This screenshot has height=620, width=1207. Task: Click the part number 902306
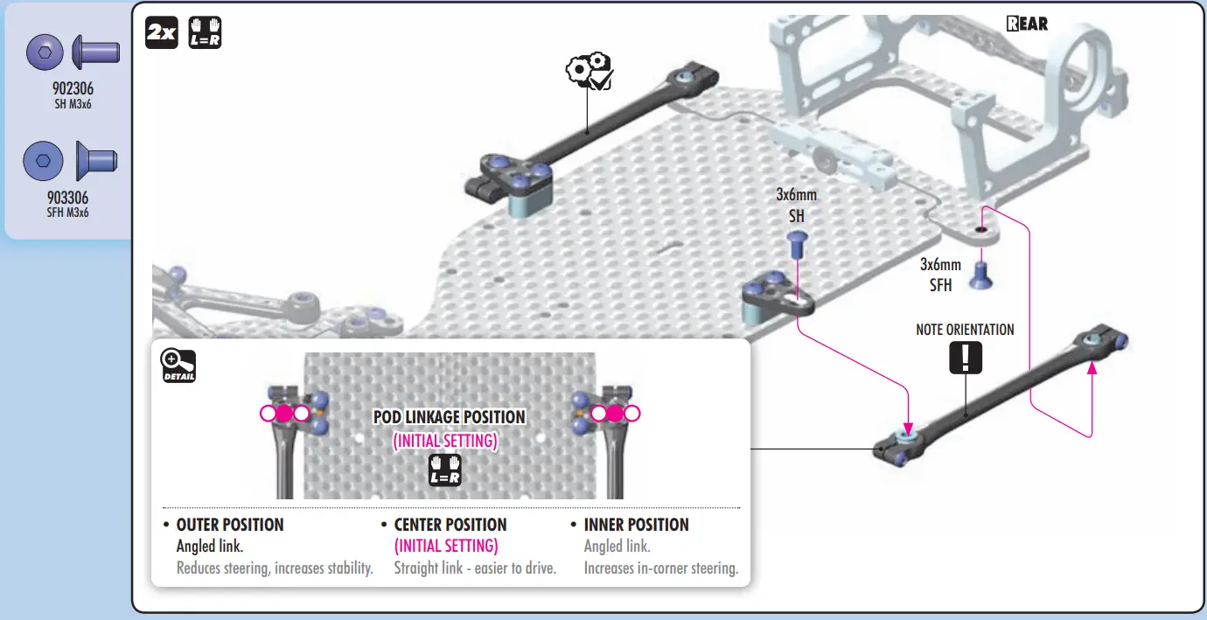pos(73,88)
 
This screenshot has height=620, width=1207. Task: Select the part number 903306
pos(67,198)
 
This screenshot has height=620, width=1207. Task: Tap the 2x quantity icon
pos(162,32)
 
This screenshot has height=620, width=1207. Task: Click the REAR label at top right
pos(1027,24)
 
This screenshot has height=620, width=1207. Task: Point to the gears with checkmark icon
pos(590,71)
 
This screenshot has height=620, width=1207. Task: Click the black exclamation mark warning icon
pos(965,358)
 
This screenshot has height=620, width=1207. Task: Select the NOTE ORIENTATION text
pos(965,330)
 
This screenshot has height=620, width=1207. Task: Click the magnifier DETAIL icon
pos(178,366)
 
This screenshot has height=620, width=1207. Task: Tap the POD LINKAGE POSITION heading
pos(450,417)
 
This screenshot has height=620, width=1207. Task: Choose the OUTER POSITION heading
pos(230,525)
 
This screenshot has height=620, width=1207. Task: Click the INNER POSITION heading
pos(637,525)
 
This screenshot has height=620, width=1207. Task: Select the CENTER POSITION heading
pos(450,525)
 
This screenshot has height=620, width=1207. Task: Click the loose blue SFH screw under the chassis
pos(980,275)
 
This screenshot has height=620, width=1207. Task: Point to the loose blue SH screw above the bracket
pos(797,244)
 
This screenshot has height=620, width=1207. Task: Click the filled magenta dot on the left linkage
pos(284,414)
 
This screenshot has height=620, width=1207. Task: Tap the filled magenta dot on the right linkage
pos(615,414)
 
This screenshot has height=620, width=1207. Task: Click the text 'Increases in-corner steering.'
pos(661,568)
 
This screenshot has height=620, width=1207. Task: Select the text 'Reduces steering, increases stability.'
pos(275,568)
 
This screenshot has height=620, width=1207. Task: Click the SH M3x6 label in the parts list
pos(73,105)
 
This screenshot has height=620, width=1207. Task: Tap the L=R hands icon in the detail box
pos(444,470)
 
